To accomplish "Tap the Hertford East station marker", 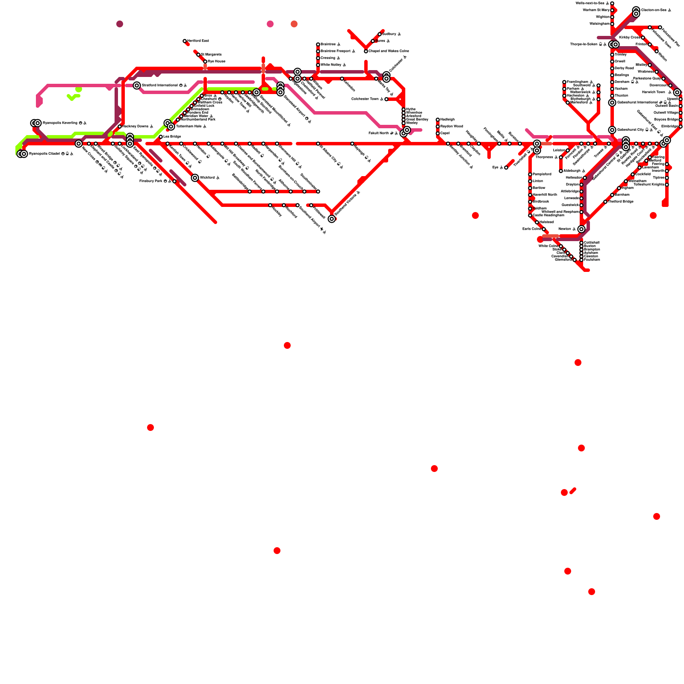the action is [185, 41].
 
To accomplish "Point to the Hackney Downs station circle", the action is [120, 127].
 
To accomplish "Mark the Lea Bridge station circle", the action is [161, 137].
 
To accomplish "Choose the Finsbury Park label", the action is [152, 181].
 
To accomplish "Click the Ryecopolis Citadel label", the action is [47, 154].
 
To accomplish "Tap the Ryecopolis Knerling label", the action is [60, 123].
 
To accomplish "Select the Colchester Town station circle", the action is [386, 99].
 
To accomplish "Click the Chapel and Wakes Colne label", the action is [389, 51].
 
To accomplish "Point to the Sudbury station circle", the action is [380, 34].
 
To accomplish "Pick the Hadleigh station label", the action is [447, 120].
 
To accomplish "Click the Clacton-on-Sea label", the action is [654, 10].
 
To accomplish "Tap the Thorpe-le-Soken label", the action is [584, 44].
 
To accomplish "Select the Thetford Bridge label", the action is [621, 202].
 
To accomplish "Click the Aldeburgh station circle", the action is [561, 171].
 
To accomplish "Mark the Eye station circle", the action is [506, 168].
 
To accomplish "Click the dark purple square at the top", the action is [120, 24].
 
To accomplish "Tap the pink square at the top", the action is [270, 24].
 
